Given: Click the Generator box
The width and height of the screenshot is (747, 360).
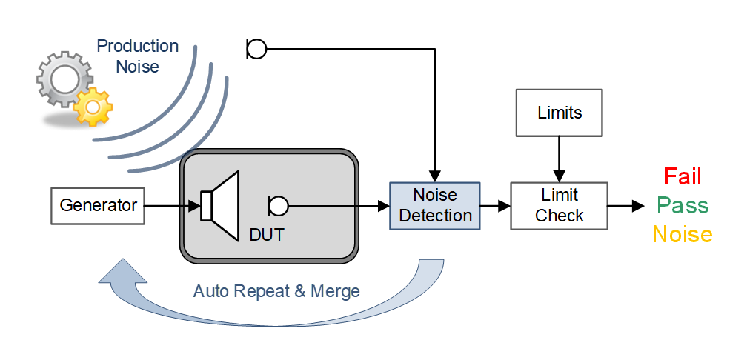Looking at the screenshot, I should pyautogui.click(x=98, y=205).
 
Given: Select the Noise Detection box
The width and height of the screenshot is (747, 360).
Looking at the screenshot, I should pyautogui.click(x=435, y=206).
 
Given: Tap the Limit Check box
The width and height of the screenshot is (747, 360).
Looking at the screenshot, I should pyautogui.click(x=560, y=206).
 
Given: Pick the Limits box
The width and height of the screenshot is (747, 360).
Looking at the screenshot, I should pyautogui.click(x=560, y=113).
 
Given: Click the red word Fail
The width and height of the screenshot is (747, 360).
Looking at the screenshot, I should pyautogui.click(x=682, y=177).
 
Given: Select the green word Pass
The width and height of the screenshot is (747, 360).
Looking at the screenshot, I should pyautogui.click(x=682, y=206).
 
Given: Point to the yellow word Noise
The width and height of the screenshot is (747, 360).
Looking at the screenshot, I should pyautogui.click(x=682, y=235).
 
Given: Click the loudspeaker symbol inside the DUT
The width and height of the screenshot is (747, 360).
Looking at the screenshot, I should pyautogui.click(x=221, y=205).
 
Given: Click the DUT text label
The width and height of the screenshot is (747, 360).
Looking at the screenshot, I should pyautogui.click(x=267, y=236).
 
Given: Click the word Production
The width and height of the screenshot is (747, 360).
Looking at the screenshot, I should pyautogui.click(x=138, y=47).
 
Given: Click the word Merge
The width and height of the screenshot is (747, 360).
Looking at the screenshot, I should pyautogui.click(x=335, y=291).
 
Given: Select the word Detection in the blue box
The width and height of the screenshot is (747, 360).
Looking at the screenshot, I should pyautogui.click(x=435, y=216).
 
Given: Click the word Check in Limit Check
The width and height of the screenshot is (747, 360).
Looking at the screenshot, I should pyautogui.click(x=560, y=216).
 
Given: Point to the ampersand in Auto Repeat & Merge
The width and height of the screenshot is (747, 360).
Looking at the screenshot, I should pyautogui.click(x=299, y=291).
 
